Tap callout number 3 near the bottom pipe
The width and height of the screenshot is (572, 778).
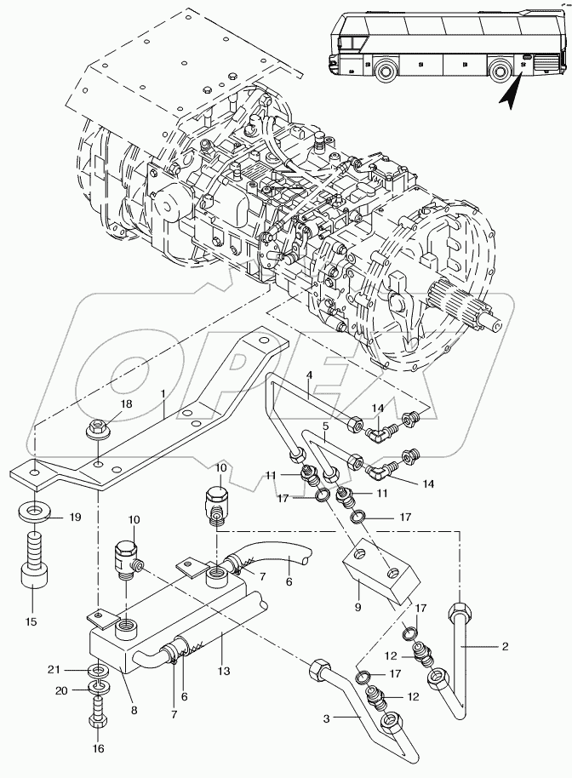326,718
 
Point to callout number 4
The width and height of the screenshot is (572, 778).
309,375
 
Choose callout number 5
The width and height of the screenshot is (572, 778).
324,425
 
